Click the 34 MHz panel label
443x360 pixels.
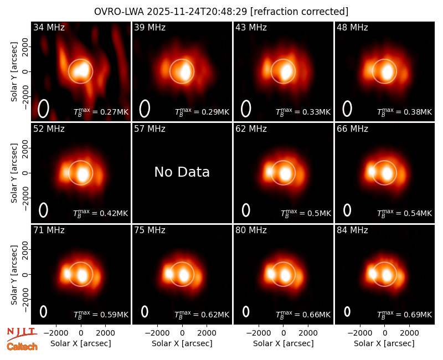tap(49, 27)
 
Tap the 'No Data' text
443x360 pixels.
tap(182, 172)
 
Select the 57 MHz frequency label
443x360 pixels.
tap(150, 129)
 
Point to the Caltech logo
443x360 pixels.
tap(22, 347)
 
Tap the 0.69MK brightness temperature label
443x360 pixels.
tap(405, 314)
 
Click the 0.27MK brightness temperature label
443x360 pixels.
tap(101, 112)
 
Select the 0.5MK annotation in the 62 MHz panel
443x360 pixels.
tap(306, 213)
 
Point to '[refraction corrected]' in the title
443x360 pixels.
tap(300, 12)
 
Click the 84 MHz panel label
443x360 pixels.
tap(352, 230)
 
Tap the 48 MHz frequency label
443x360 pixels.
tap(352, 27)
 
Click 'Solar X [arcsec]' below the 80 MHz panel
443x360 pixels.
tap(284, 343)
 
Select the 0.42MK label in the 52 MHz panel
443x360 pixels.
tap(101, 213)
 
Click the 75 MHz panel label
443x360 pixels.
tap(150, 230)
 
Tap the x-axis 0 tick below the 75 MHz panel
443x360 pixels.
tap(182, 333)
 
